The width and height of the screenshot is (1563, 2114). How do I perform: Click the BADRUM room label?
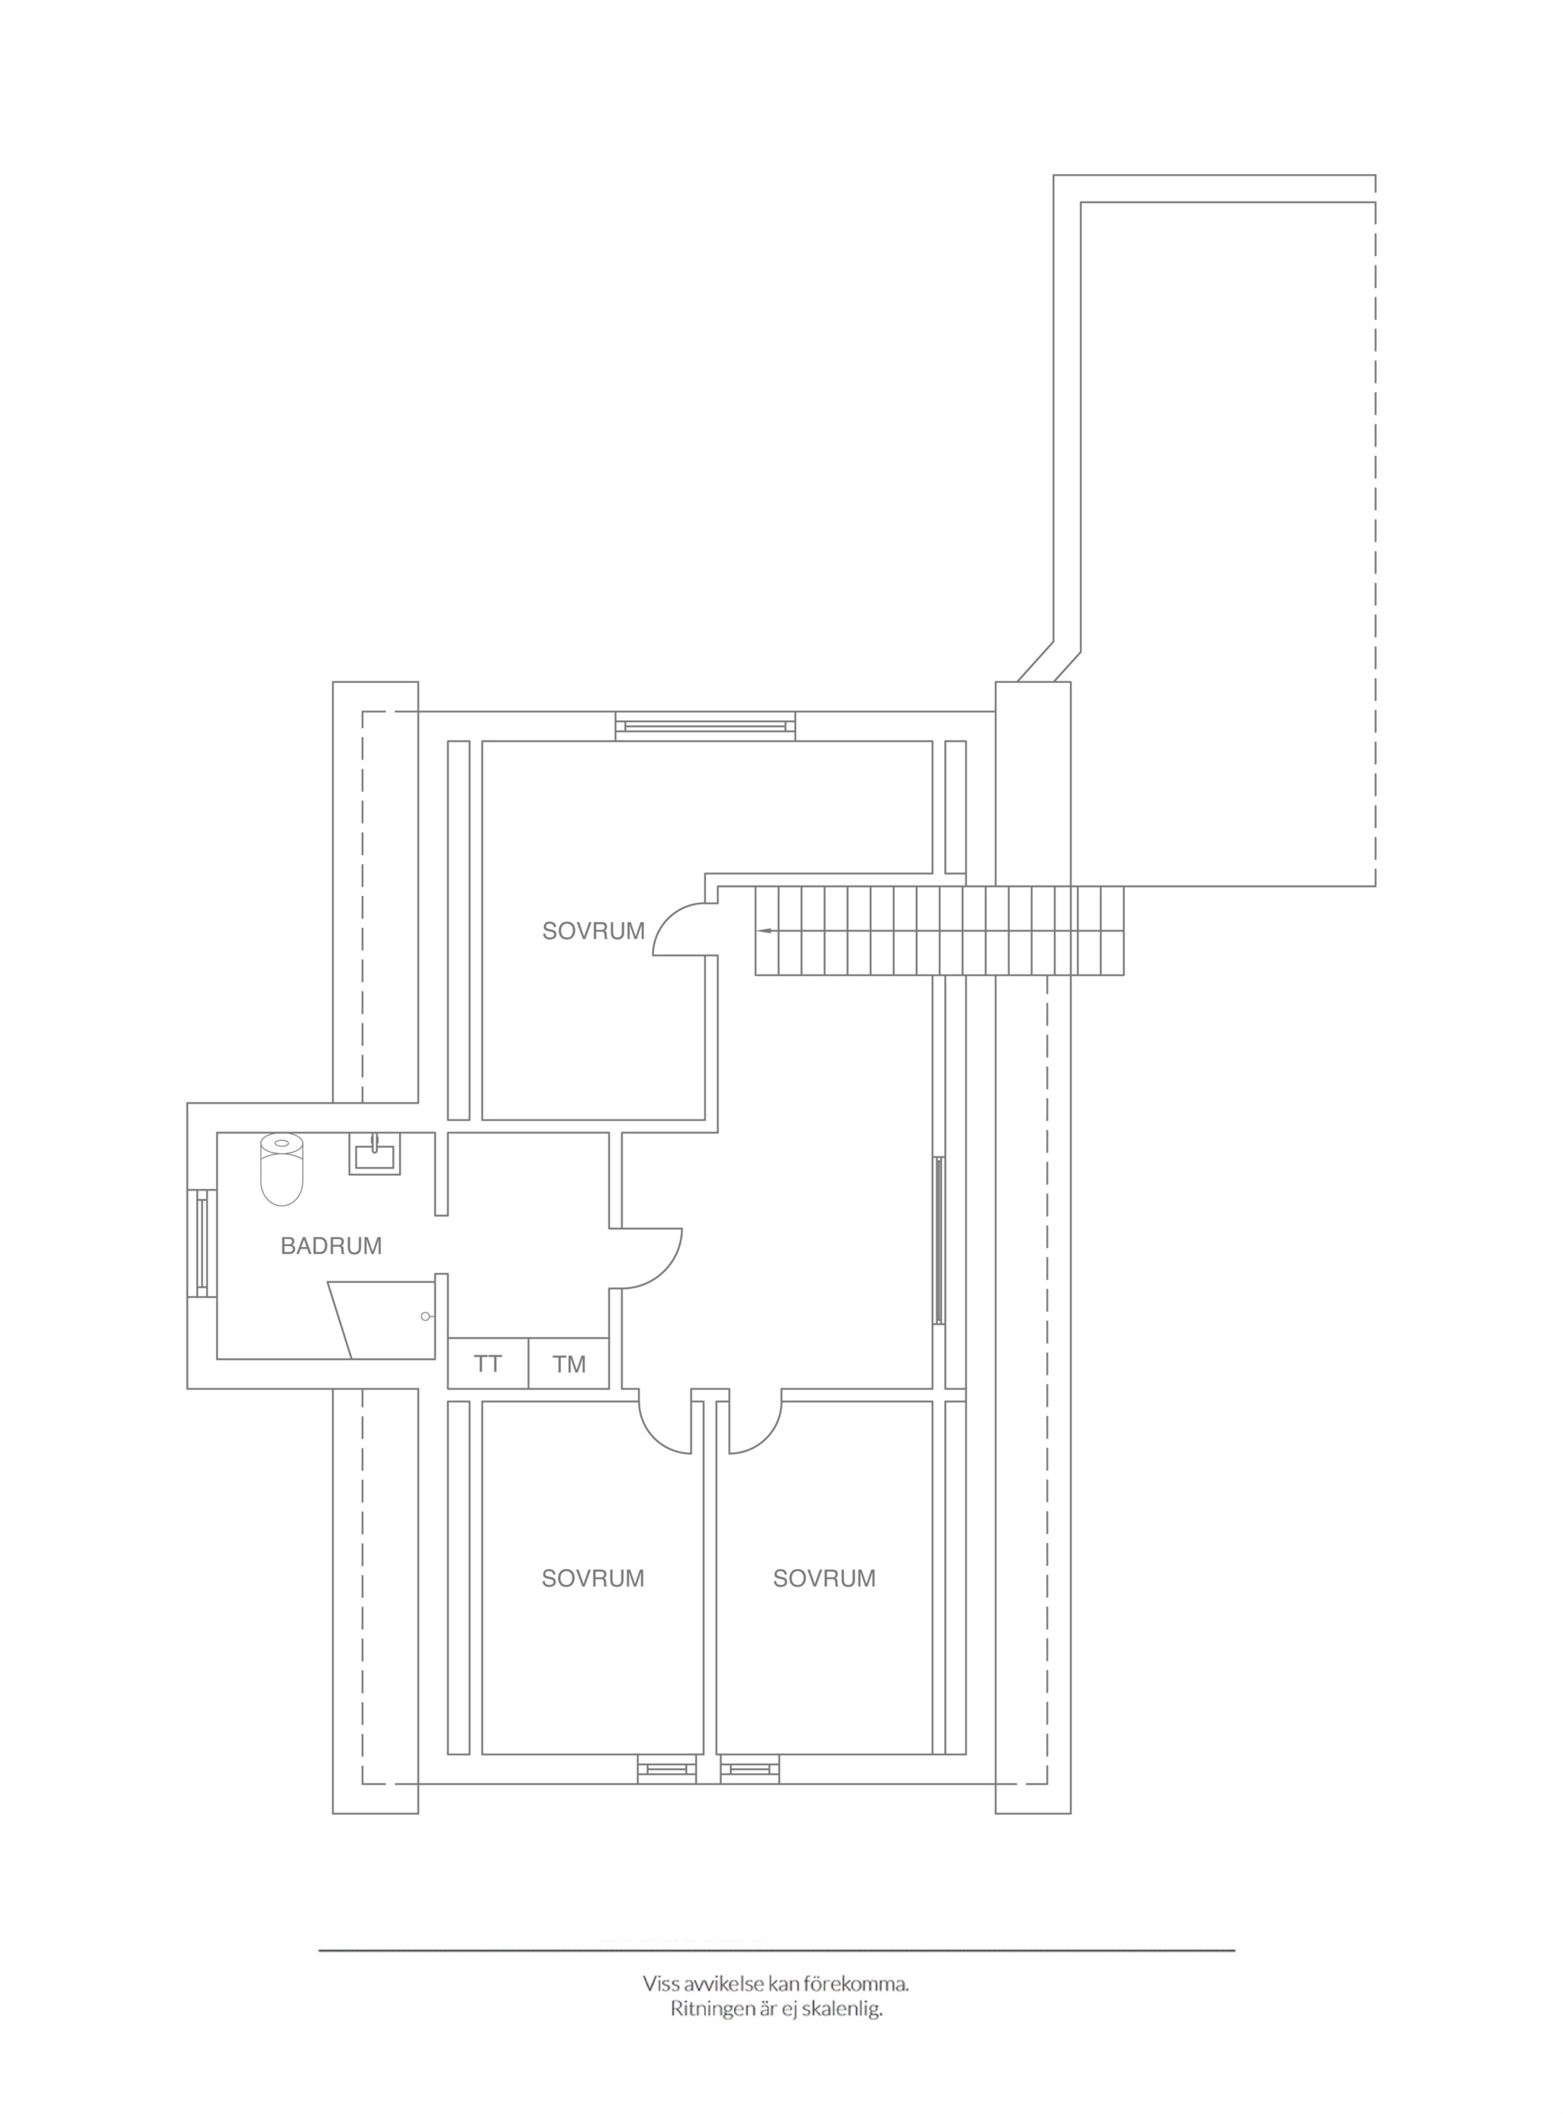point(331,1246)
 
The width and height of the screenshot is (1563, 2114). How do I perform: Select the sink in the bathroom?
point(375,1153)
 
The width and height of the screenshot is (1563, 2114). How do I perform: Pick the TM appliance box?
point(569,1363)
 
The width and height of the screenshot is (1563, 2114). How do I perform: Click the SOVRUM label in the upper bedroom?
point(593,931)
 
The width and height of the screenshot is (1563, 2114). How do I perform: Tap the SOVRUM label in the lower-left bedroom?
point(593,1577)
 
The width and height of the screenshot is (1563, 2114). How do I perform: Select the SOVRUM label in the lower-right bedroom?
point(824,1577)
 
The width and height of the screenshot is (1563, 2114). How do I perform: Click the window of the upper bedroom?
point(706,726)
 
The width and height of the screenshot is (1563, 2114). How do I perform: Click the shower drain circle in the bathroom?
point(426,1316)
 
